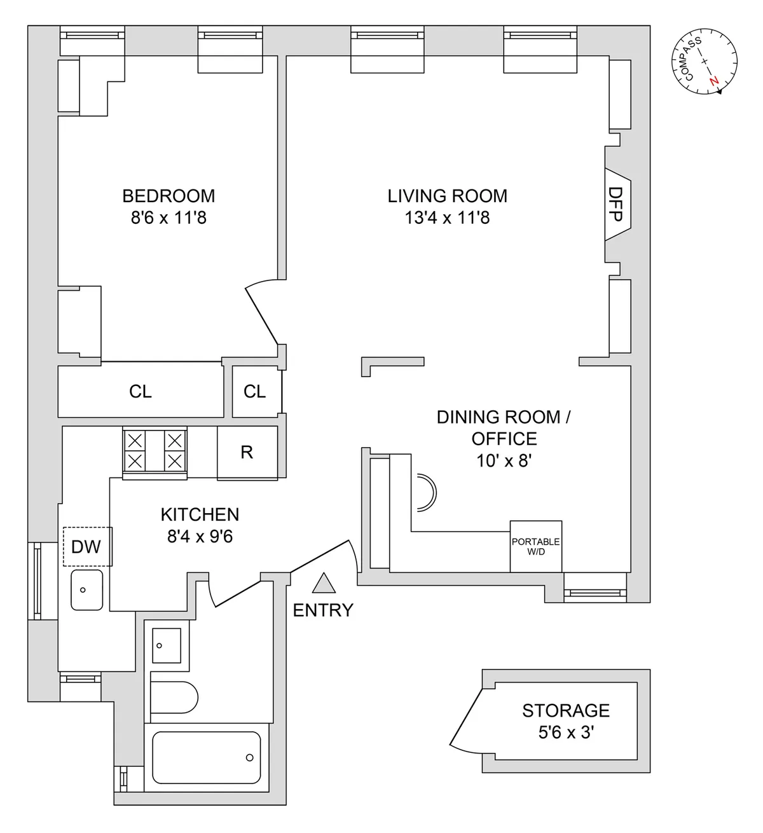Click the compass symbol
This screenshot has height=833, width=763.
point(705,62)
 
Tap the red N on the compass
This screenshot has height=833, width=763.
point(715,81)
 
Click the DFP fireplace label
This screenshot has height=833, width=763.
point(615,204)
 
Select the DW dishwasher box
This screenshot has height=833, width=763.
point(87,546)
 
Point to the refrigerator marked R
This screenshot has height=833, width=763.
point(247,452)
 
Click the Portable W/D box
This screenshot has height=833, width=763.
point(535,546)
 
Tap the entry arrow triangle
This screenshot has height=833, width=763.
point(324,583)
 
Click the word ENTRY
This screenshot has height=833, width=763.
point(323,610)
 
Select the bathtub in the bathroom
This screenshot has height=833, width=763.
point(207,757)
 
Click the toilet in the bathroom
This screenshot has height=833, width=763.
point(175,698)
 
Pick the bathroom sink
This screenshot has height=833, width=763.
point(166,645)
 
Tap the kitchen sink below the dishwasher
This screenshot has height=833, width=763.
point(86,590)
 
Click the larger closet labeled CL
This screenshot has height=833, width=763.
point(141,392)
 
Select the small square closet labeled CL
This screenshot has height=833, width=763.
point(255,392)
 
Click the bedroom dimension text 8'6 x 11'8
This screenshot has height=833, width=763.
point(168,218)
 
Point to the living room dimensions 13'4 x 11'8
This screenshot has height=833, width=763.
point(447,218)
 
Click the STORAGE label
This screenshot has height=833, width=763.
point(565,710)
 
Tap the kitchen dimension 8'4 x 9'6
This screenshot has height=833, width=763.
point(200,537)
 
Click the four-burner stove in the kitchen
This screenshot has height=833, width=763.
point(155,450)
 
